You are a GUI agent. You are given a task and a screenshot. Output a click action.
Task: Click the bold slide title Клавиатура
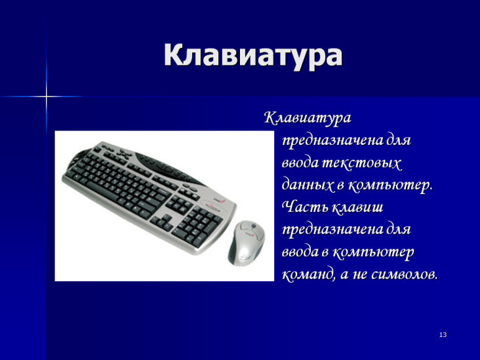point(253,55)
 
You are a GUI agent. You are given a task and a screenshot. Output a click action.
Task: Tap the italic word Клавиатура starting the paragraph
point(308,118)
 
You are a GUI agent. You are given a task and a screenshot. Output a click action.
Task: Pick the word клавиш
point(357,207)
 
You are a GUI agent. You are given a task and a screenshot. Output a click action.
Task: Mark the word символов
point(405,275)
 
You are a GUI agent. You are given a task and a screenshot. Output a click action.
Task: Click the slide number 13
point(443,335)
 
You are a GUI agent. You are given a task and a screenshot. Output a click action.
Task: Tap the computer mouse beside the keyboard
point(247,243)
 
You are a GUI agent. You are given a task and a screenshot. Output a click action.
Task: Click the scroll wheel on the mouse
point(254,226)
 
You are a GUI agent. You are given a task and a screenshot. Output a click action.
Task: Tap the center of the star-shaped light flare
point(46,97)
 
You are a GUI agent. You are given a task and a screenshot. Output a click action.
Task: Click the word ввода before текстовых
point(300,163)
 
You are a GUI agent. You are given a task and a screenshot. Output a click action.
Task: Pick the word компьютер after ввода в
point(373,252)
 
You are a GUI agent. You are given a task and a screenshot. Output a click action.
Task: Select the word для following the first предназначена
point(397,141)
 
